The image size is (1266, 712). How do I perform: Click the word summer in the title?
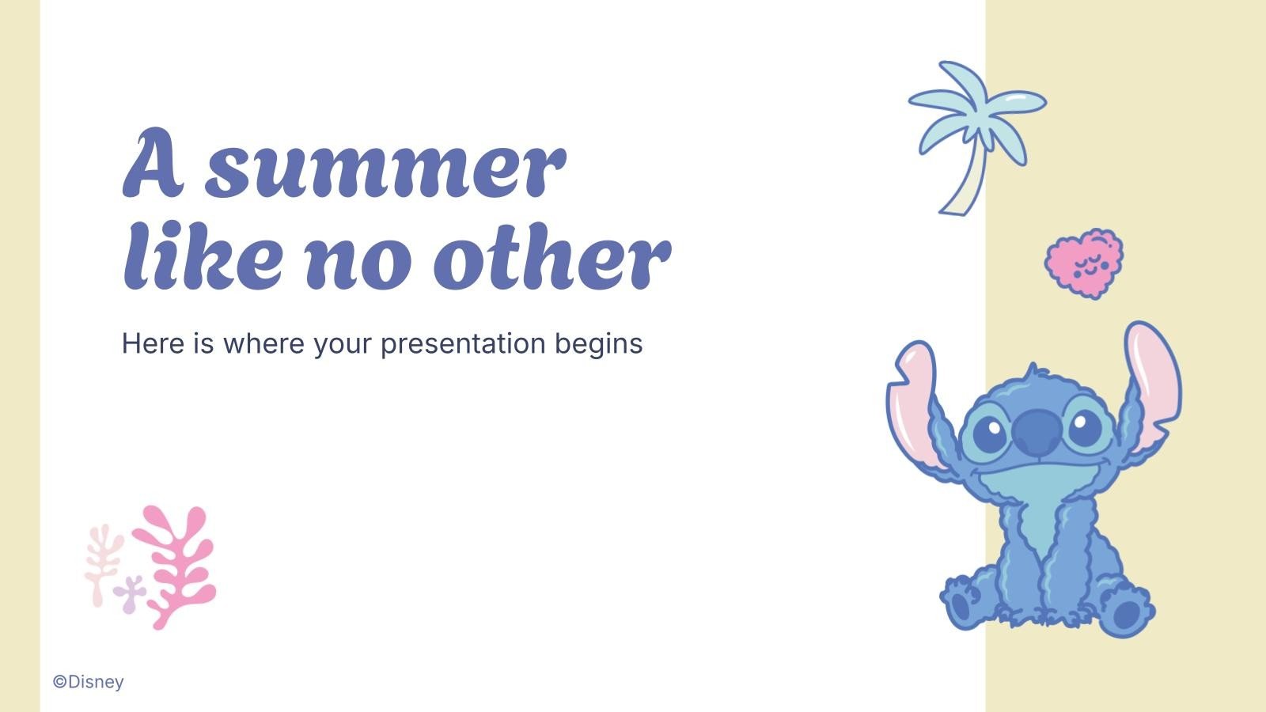click(x=385, y=166)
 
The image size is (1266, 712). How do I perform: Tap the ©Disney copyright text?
click(x=89, y=682)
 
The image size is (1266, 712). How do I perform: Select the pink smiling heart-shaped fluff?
click(x=1084, y=263)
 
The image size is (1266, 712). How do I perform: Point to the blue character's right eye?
click(x=1085, y=428)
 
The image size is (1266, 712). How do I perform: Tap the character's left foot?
click(x=962, y=605)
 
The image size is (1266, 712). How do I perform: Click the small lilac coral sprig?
click(x=129, y=593)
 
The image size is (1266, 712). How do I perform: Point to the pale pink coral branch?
click(x=102, y=561)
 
